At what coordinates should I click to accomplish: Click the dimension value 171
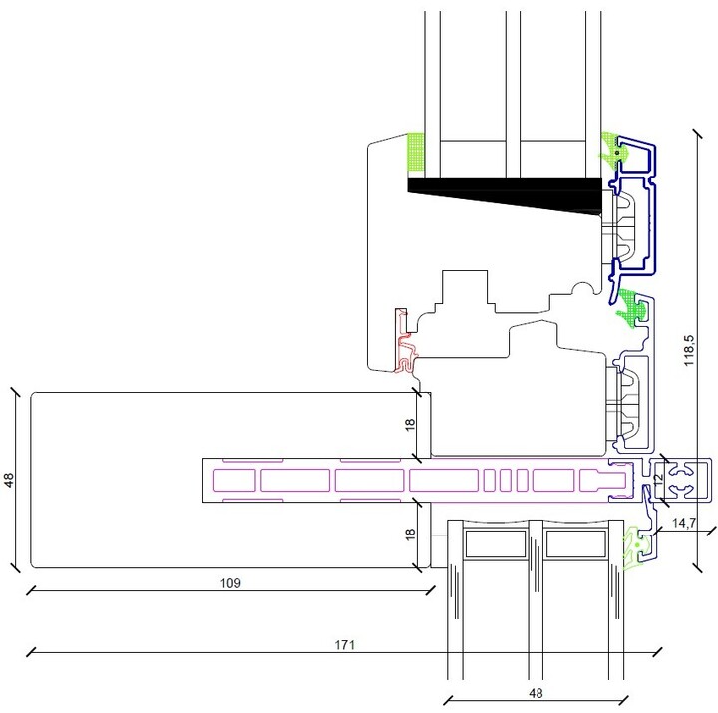(345, 645)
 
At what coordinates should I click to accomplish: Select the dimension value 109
(230, 583)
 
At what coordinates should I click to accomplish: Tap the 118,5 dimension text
(689, 350)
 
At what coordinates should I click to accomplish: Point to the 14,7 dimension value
(684, 523)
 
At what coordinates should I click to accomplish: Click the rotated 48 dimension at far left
(9, 480)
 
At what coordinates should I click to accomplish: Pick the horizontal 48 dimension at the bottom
(536, 693)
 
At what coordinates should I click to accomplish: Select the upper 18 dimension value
(410, 424)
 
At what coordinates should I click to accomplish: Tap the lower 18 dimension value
(410, 534)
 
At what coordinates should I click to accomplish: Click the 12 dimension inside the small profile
(658, 479)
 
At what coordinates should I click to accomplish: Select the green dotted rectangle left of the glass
(415, 152)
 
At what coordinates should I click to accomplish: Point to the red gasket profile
(405, 341)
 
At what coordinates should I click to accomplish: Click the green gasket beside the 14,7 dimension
(635, 547)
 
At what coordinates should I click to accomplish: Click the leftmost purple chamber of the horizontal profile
(234, 480)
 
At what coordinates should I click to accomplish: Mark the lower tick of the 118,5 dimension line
(697, 567)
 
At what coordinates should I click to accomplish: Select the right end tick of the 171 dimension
(657, 652)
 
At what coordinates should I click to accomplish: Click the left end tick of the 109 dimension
(31, 590)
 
